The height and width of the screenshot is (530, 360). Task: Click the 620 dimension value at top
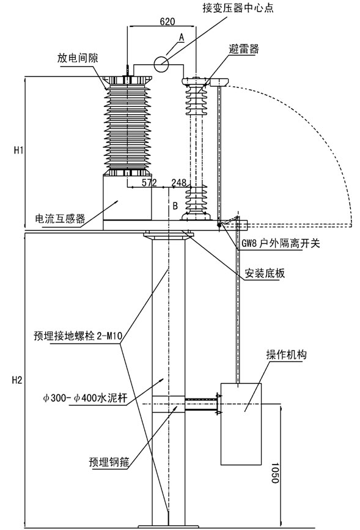point(167,21)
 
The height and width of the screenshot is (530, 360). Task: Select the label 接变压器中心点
point(238,8)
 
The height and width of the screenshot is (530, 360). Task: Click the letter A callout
point(182,37)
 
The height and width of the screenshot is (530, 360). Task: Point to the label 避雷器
point(244,50)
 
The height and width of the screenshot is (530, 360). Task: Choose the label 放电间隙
point(78,58)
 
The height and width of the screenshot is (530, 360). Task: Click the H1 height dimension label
point(18,150)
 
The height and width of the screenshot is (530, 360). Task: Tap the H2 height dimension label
point(17,380)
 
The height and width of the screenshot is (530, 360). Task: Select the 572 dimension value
point(149,183)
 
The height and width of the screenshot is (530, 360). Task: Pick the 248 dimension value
point(179,183)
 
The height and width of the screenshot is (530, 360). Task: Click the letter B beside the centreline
point(175,205)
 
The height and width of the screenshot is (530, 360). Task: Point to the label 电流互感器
point(60,219)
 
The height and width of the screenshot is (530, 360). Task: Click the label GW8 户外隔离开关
point(281,243)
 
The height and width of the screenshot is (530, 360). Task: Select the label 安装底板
point(265,273)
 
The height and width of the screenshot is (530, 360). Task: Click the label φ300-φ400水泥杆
point(85,398)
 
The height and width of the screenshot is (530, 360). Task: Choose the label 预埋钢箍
point(109,462)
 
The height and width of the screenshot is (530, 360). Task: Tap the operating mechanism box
point(241,424)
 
